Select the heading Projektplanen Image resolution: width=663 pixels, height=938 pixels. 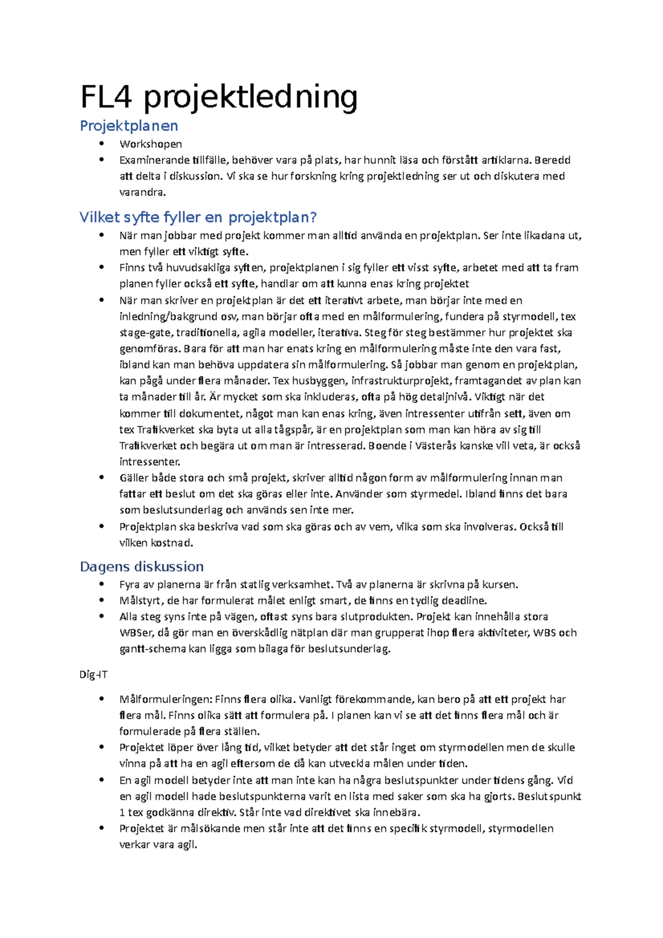pos(129,126)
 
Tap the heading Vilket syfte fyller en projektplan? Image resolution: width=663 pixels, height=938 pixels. pos(198,217)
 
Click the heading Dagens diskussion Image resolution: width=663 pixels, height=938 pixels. pos(141,567)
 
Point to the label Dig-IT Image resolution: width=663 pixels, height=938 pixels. pos(93,674)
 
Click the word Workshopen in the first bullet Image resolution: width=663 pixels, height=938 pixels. pos(150,144)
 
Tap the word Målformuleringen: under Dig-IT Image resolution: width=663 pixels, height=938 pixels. pos(166,700)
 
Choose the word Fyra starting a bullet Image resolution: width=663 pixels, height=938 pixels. pos(130,584)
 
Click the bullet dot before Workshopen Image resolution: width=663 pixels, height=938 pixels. pos(101,144)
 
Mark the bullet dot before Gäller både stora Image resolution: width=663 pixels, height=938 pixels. pos(101,478)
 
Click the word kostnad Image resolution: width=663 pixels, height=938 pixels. pos(172,543)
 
